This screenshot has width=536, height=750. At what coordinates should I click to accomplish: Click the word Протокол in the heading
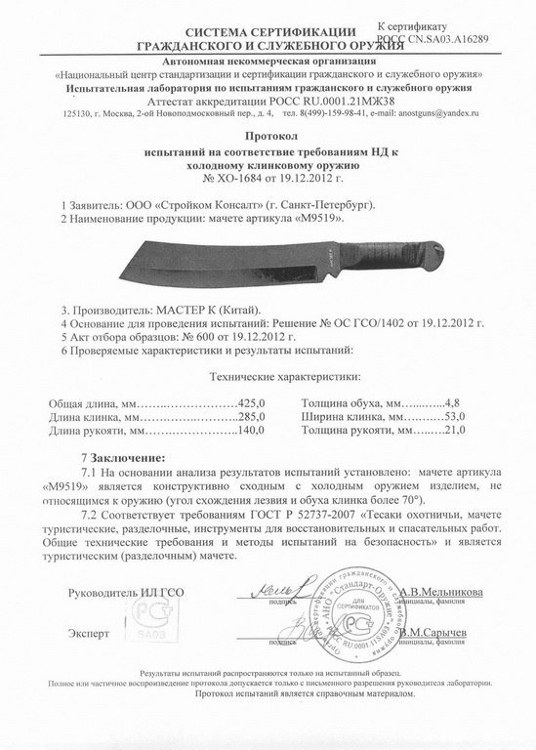(x=267, y=141)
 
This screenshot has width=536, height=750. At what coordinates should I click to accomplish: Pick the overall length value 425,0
(x=254, y=402)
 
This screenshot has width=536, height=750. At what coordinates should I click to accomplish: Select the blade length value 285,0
(x=254, y=417)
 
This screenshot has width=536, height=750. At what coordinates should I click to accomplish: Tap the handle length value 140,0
(x=254, y=431)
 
